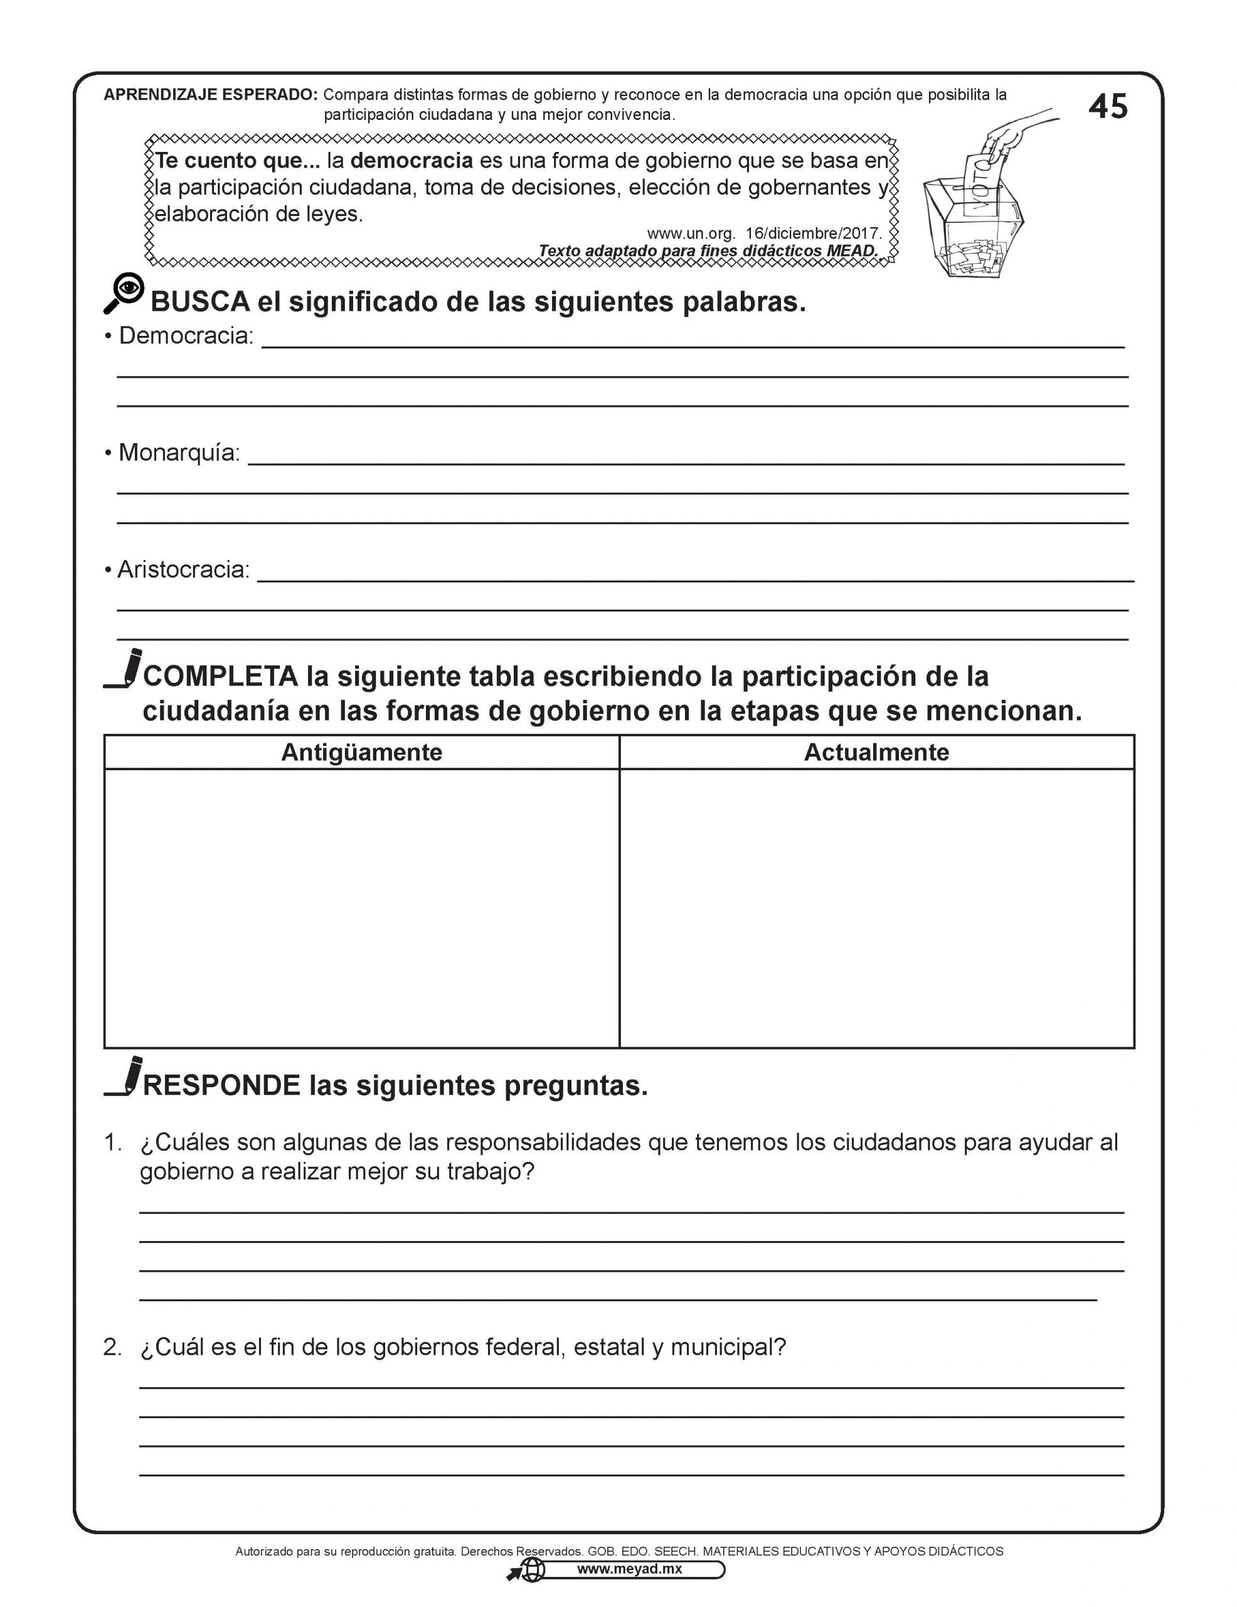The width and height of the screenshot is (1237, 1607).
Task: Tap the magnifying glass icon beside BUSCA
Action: coord(124,293)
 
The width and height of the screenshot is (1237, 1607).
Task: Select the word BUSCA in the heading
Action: coord(200,303)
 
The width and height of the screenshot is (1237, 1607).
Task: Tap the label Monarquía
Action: coord(179,453)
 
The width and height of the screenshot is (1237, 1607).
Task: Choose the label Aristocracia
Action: coord(183,569)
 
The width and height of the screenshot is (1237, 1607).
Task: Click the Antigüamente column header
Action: coord(361,752)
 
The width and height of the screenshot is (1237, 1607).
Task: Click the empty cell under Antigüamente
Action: coord(361,908)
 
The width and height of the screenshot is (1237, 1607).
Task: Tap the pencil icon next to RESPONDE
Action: coord(124,1077)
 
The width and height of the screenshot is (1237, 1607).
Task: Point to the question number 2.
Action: coord(112,1347)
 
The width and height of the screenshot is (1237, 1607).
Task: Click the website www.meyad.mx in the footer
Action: coord(629,1569)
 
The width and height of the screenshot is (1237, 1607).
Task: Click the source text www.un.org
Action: coord(691,234)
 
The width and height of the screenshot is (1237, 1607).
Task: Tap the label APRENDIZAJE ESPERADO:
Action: coord(210,95)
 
